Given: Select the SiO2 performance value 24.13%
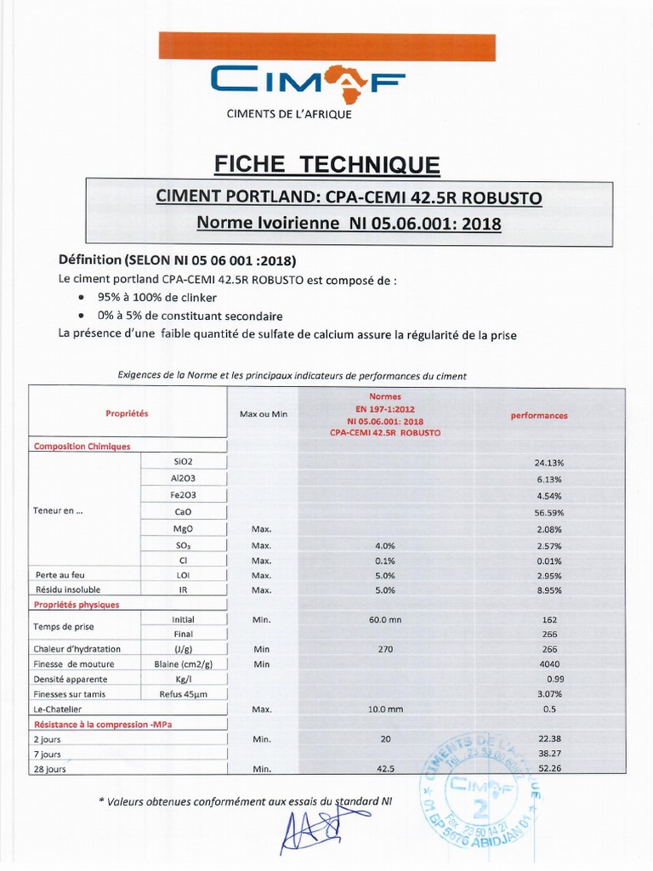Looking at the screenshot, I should click(x=548, y=463).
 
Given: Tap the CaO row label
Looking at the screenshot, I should click(x=183, y=512).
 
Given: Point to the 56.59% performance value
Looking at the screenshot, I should click(x=548, y=513).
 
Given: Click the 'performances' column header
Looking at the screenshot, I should click(x=538, y=416).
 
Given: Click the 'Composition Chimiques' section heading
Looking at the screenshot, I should click(x=82, y=446).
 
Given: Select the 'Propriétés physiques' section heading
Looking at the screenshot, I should click(x=76, y=605).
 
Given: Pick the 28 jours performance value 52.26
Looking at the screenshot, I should click(x=552, y=769).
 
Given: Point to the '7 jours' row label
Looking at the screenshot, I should click(x=48, y=754).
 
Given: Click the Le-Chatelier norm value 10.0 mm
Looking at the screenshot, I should click(x=384, y=709).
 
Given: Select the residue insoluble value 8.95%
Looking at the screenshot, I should click(x=548, y=589).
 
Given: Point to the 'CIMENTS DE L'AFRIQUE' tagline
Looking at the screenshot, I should click(x=288, y=114).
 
